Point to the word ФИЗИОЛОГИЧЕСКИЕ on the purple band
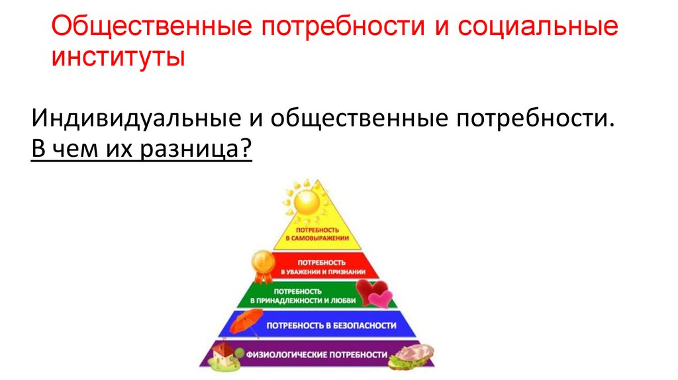(x=285, y=355)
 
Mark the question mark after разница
(x=247, y=150)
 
